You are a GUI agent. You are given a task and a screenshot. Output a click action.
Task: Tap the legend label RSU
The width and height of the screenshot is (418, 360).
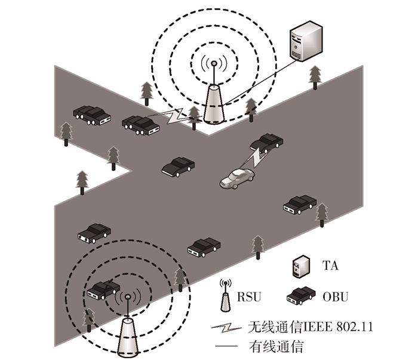(x=250, y=296)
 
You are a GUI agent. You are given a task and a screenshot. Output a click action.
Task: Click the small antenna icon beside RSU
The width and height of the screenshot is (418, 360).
(x=226, y=295)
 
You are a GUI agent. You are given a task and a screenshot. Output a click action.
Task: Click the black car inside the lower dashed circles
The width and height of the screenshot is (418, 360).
(x=103, y=289)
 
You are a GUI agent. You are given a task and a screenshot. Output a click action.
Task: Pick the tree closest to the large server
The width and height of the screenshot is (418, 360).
(x=315, y=76)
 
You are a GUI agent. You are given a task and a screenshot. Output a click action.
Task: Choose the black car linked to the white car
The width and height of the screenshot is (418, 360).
(x=267, y=141)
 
